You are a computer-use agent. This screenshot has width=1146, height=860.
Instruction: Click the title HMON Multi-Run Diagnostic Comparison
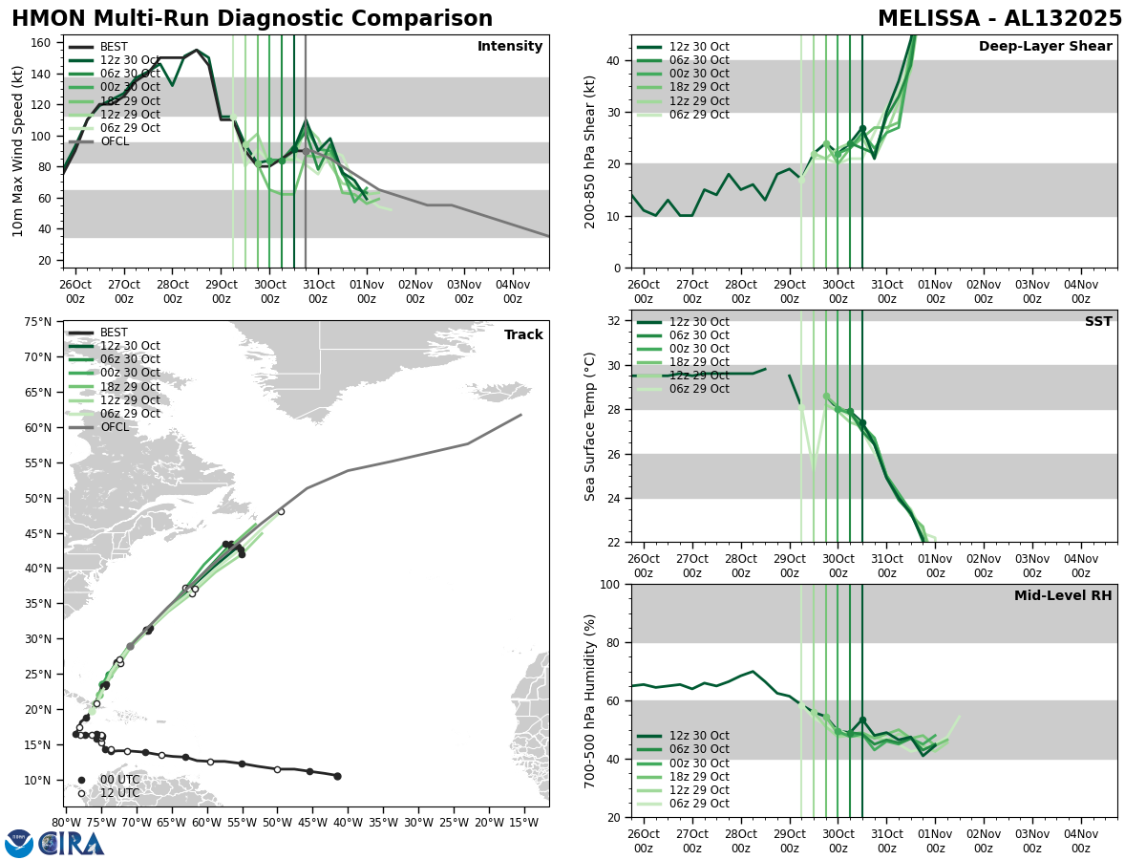click(x=252, y=19)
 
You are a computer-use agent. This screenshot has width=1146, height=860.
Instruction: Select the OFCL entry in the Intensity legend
click(x=115, y=141)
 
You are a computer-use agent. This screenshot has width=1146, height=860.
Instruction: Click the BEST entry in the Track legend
click(x=114, y=333)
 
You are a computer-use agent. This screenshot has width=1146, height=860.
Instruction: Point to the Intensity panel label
click(x=510, y=47)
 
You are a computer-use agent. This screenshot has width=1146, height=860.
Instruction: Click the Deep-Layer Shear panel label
click(x=1045, y=47)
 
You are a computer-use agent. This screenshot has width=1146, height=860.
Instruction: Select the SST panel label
click(x=1097, y=322)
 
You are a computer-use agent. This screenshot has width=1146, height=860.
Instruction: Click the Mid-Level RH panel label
click(x=1063, y=596)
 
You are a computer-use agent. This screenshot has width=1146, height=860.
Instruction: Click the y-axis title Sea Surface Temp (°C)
click(x=590, y=426)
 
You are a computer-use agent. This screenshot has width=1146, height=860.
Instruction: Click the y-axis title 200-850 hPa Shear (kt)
click(x=590, y=151)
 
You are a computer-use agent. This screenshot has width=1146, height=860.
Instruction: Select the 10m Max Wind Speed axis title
click(x=18, y=151)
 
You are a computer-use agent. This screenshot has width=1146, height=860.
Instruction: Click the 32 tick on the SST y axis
click(x=614, y=321)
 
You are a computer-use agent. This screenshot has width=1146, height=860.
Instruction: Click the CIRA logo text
click(x=72, y=844)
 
